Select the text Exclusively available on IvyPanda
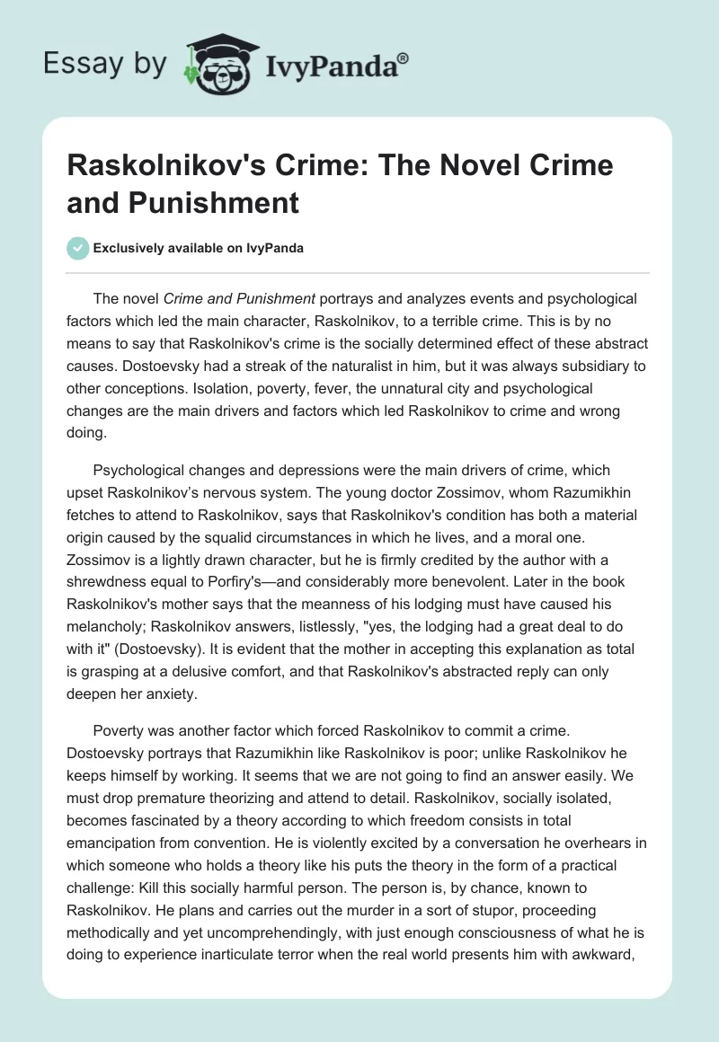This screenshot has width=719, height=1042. tap(198, 249)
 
